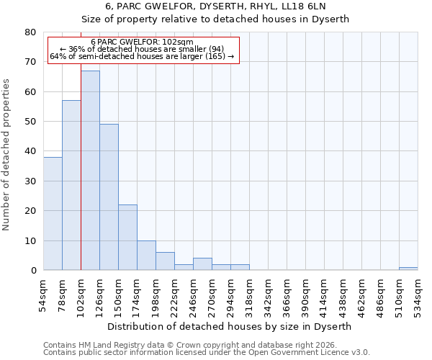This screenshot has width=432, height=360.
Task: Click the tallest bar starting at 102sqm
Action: click(90, 171)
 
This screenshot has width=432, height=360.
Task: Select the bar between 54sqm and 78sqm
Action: click(53, 214)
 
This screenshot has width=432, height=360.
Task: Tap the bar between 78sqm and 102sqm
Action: click(71, 185)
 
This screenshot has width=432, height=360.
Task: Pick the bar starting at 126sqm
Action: click(109, 197)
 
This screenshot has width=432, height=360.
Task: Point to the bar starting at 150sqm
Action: click(127, 238)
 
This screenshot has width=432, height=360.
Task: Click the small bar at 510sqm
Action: click(408, 269)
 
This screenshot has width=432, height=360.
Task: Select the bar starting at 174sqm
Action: click(146, 256)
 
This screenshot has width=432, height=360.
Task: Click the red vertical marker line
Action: click(81, 180)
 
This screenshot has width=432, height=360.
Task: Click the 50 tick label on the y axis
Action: click(30, 122)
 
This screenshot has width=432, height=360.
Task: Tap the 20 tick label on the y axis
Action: click(30, 211)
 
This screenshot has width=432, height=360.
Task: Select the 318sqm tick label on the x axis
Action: click(249, 294)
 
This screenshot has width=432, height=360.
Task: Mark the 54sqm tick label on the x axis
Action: click(43, 294)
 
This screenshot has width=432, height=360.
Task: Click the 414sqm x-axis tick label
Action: click(324, 294)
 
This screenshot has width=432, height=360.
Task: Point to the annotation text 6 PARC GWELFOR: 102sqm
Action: click(143, 42)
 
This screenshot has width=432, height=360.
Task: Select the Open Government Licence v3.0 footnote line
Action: click(207, 352)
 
